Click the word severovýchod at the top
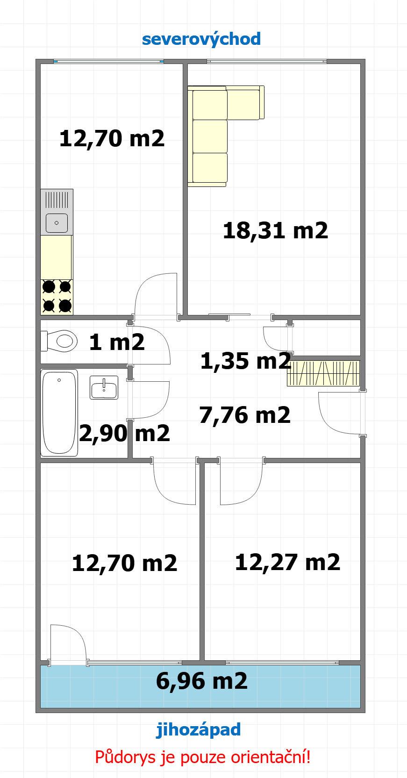201,39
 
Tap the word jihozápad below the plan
198,730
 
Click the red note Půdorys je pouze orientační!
203,757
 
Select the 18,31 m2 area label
275,231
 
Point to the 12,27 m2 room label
287,563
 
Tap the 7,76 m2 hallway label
245,415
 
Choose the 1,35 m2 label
245,361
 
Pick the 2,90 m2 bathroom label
125,433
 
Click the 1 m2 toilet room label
117,342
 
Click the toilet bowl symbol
59,341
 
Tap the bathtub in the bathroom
59,413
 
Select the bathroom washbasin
104,388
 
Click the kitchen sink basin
57,223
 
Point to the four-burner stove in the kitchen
57,297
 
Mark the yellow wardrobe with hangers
323,374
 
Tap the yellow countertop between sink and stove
56,257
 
